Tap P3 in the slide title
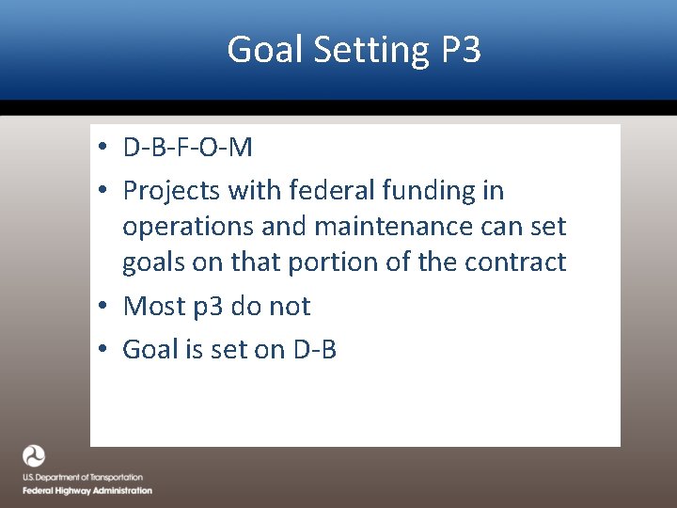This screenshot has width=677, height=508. pyautogui.click(x=461, y=50)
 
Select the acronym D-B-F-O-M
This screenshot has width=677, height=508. pyautogui.click(x=188, y=148)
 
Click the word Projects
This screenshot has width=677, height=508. pyautogui.click(x=170, y=191)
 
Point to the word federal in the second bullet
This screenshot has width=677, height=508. pyautogui.click(x=331, y=191)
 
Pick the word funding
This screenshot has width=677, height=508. pyautogui.click(x=430, y=191)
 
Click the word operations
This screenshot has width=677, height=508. pyautogui.click(x=183, y=227)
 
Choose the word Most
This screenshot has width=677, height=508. pyautogui.click(x=151, y=306)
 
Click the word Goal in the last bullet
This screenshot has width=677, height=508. pyautogui.click(x=151, y=349)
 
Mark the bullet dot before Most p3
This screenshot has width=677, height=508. pyautogui.click(x=109, y=307)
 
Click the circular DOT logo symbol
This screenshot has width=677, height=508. pyautogui.click(x=34, y=457)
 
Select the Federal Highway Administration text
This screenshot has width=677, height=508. pyautogui.click(x=87, y=490)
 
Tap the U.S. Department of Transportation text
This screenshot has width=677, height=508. pyautogui.click(x=83, y=478)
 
